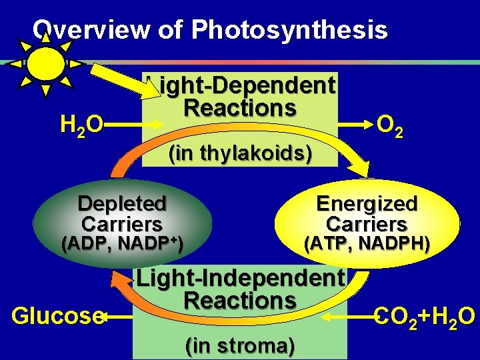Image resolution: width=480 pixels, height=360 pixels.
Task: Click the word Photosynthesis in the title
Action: pos(289,30)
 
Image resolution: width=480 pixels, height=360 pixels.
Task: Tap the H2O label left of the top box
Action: pos(81,124)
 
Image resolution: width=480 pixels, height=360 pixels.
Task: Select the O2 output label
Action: pos(389,124)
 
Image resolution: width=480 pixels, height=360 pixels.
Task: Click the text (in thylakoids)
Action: pos(240,153)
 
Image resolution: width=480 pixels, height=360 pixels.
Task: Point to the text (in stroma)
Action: pos(240,346)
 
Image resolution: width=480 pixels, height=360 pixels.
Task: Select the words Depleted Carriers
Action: pos(122,213)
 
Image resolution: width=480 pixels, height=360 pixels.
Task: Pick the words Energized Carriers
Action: pos(367,213)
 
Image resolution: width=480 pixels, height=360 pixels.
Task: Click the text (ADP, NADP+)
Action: pos(122,244)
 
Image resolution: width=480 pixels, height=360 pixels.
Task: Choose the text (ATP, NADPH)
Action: pos(367,244)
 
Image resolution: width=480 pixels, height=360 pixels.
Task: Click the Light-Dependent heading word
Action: pos(241,85)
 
